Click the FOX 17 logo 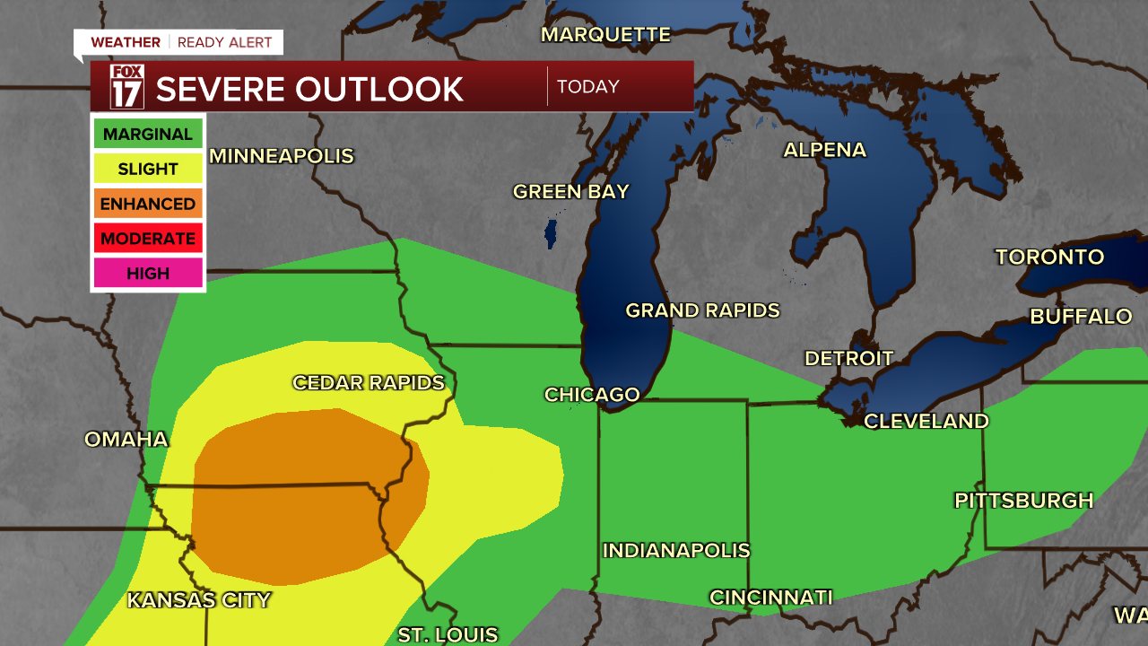126,87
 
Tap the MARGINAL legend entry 148,135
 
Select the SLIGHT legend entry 148,169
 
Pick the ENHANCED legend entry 148,204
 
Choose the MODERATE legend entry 148,239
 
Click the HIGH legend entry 148,273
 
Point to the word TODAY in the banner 587,87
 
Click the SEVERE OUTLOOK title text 309,89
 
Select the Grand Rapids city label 702,310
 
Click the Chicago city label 592,395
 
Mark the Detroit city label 848,359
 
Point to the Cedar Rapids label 369,383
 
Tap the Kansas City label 198,600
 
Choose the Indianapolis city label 675,550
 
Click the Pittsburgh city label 1023,501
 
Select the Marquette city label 605,35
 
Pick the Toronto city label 1049,258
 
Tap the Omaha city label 126,440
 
